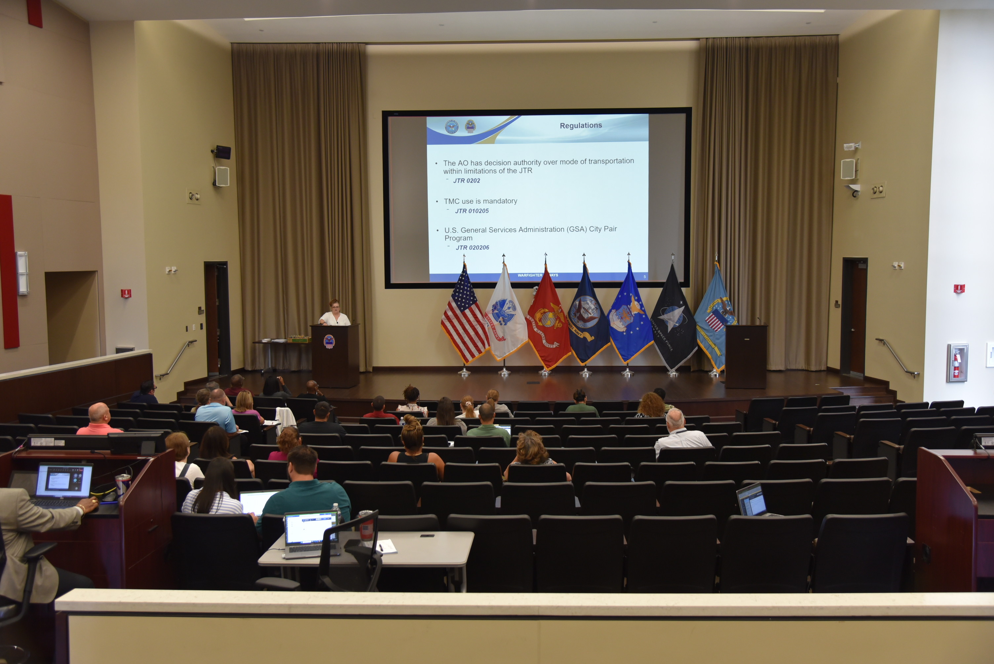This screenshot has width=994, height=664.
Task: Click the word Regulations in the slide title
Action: tap(581, 125)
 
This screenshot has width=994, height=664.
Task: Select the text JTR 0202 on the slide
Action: tap(466, 181)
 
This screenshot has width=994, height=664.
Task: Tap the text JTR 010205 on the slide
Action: tap(472, 211)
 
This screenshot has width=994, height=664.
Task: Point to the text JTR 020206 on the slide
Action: tap(472, 248)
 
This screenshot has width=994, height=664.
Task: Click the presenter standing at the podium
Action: tap(334, 314)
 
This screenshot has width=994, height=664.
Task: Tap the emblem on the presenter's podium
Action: tap(329, 341)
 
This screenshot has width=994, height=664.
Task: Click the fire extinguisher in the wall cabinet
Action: tap(956, 364)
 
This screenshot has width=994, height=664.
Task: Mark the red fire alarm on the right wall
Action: tap(959, 289)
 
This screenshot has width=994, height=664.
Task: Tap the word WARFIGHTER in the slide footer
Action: tap(529, 275)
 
